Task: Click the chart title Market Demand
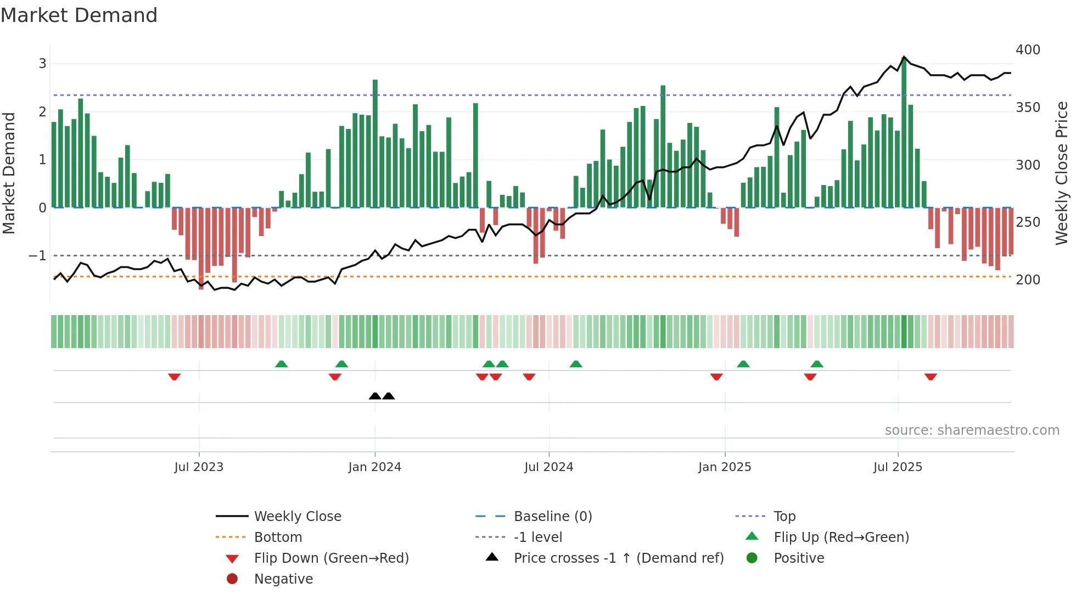(79, 15)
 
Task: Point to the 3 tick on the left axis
(42, 64)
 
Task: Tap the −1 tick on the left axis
(37, 256)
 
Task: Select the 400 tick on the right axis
(1028, 50)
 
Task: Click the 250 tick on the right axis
(1028, 222)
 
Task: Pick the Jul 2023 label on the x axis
(199, 467)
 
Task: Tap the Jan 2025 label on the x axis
(724, 467)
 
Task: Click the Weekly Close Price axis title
(1062, 173)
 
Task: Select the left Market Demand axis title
(9, 173)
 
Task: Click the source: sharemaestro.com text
(972, 430)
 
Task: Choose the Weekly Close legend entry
(297, 517)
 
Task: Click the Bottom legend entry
(278, 537)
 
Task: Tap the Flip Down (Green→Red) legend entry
(331, 558)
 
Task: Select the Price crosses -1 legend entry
(618, 558)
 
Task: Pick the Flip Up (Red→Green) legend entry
(841, 537)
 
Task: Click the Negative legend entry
(283, 579)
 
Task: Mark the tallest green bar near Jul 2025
(904, 132)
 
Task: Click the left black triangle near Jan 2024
(375, 396)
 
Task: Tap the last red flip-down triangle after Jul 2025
(931, 377)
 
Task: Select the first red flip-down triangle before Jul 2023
(175, 377)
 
